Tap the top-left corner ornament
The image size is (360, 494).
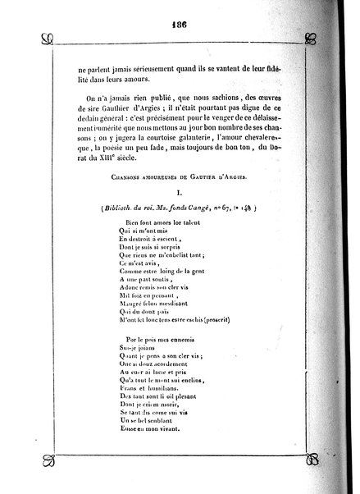click(x=48, y=36)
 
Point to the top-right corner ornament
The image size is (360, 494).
click(x=310, y=37)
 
